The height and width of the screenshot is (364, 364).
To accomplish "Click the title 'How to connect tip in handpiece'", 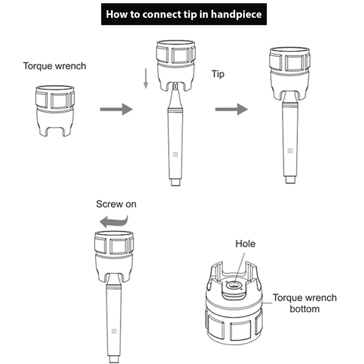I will click(184, 15).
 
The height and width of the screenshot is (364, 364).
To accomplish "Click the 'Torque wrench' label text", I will click(55, 66).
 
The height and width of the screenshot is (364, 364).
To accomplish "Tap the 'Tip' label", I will click(218, 74).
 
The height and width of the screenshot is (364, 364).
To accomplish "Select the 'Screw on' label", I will click(116, 204).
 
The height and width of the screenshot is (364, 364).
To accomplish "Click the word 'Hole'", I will click(245, 244).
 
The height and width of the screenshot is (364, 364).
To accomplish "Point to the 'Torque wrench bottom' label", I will click(305, 303).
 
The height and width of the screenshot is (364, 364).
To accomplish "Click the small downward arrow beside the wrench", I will click(146, 81).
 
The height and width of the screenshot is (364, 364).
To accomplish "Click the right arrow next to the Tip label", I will click(232, 109).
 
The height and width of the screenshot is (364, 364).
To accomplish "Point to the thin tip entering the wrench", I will click(175, 87).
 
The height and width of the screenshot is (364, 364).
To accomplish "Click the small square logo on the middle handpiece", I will click(175, 154).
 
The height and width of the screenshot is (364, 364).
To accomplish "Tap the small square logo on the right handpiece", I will click(290, 150).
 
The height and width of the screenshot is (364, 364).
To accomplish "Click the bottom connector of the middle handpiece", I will click(175, 182).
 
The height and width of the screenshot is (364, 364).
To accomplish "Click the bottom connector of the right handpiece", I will click(290, 180).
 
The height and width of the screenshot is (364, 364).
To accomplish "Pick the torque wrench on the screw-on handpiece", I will click(114, 255).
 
